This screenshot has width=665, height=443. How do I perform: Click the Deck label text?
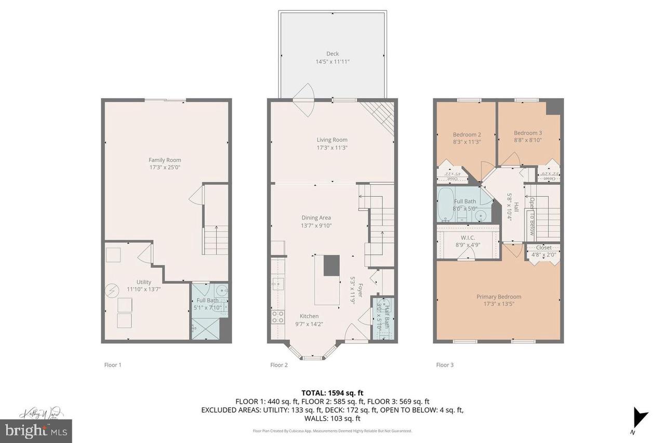pos(332,54)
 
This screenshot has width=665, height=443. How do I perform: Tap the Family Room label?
pos(165,160)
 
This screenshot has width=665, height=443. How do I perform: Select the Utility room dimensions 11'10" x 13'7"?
pos(144,289)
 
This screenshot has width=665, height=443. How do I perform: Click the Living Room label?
pos(332,140)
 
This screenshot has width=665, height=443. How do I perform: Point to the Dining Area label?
pos(316,218)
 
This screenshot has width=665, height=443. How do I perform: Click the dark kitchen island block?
pos(331,265)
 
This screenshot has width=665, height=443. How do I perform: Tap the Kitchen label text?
pos(309,316)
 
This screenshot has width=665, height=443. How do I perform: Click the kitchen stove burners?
pos(278,317)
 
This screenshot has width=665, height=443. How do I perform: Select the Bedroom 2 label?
pos(467,135)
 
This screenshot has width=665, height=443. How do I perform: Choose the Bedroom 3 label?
pos(527,132)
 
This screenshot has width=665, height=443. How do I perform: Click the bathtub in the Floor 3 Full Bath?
pos(446,205)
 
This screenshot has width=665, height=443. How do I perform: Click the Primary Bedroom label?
pos(499,297)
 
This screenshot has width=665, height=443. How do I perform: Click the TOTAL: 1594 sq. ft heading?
pos(332,393)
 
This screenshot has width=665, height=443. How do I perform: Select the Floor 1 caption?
pos(113,365)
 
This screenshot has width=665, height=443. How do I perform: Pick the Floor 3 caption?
pos(445,365)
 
